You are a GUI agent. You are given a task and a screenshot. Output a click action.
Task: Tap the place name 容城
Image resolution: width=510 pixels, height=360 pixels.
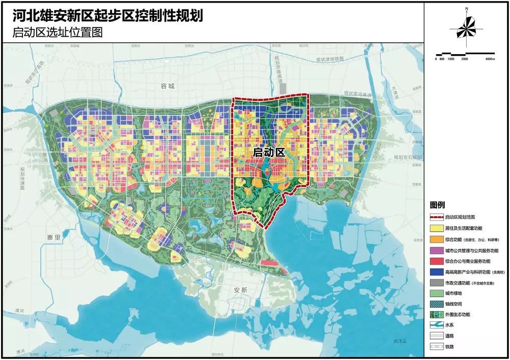point(167,86)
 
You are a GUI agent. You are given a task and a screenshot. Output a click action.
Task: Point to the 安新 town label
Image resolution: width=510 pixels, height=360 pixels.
point(240,290)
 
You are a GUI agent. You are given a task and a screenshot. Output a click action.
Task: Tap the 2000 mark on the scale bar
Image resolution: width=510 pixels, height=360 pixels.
point(465,59)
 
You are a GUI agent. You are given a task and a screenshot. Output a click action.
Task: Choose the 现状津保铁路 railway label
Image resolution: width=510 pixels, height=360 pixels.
point(330,59)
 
